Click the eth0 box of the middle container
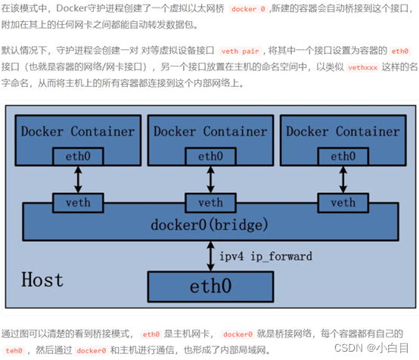pyautogui.click(x=209, y=157)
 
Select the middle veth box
pyautogui.click(x=209, y=203)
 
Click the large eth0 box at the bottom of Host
pyautogui.click(x=211, y=287)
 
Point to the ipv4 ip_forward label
pyautogui.click(x=265, y=256)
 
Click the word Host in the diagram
pyautogui.click(x=42, y=280)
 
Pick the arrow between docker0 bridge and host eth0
pyautogui.click(x=210, y=256)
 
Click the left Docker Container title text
pyautogui.click(x=77, y=132)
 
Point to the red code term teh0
pyautogui.click(x=14, y=350)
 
